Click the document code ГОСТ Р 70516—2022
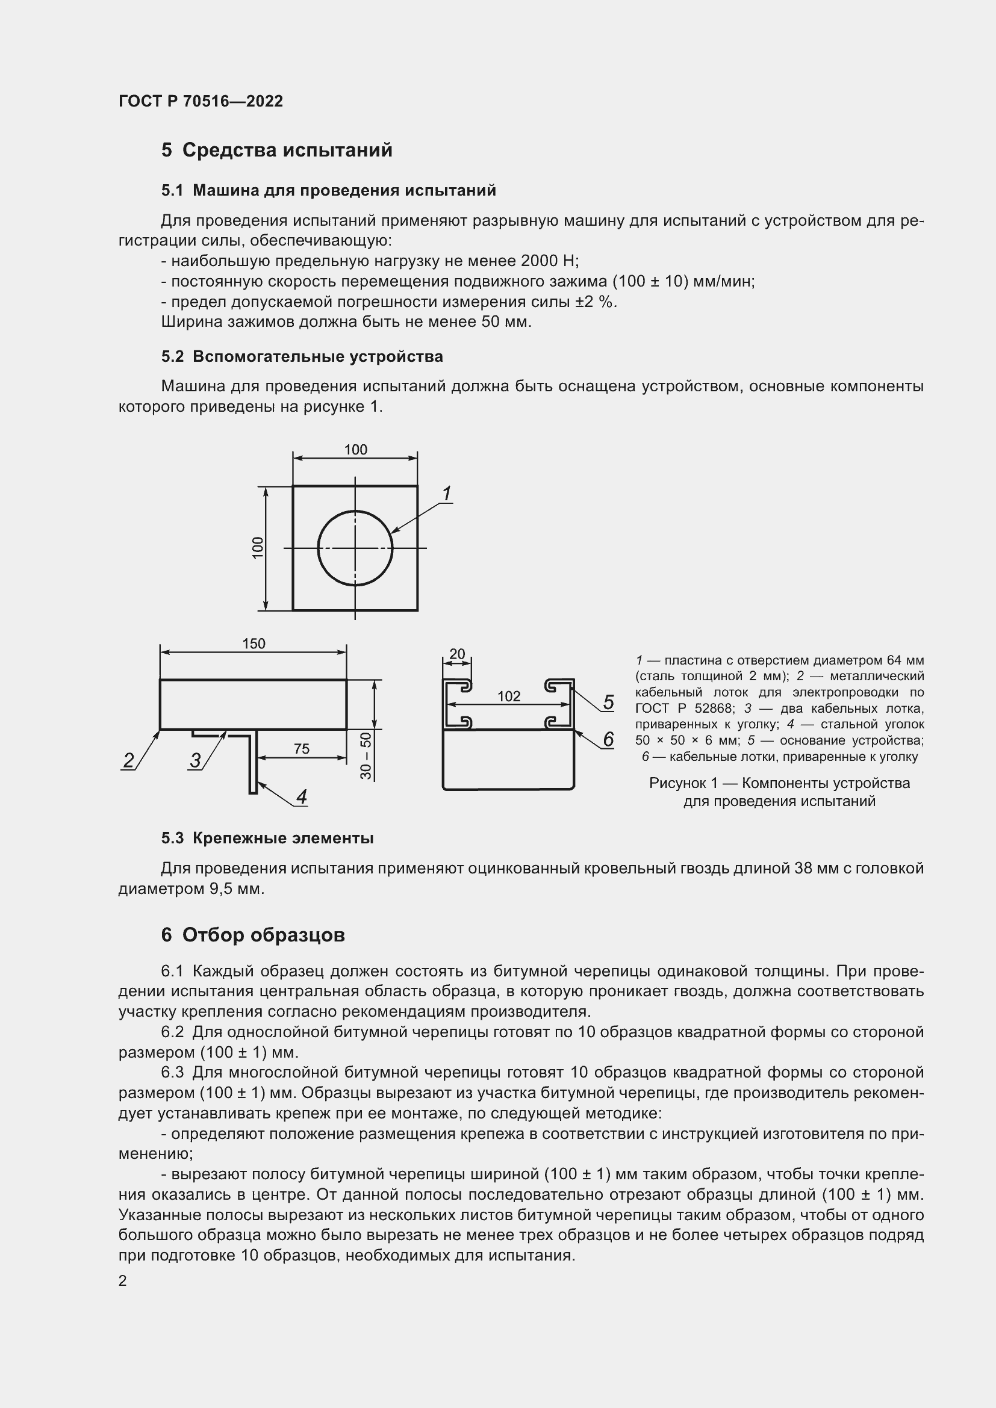(x=201, y=101)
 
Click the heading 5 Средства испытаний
(x=276, y=150)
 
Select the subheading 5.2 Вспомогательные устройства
(x=302, y=356)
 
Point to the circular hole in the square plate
(x=355, y=548)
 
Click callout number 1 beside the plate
(x=446, y=494)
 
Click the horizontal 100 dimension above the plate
(x=355, y=450)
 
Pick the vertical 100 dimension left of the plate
(x=258, y=548)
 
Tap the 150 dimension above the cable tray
(x=254, y=644)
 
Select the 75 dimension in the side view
(x=301, y=749)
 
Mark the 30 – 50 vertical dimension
(x=366, y=755)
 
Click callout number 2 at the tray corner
(x=129, y=760)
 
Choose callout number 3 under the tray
(x=195, y=760)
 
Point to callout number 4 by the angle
(x=301, y=796)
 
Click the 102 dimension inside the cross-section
(x=508, y=696)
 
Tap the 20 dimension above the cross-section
(x=457, y=654)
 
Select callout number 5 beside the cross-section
(x=608, y=702)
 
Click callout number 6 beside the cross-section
(x=608, y=740)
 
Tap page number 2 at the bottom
(x=123, y=1280)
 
